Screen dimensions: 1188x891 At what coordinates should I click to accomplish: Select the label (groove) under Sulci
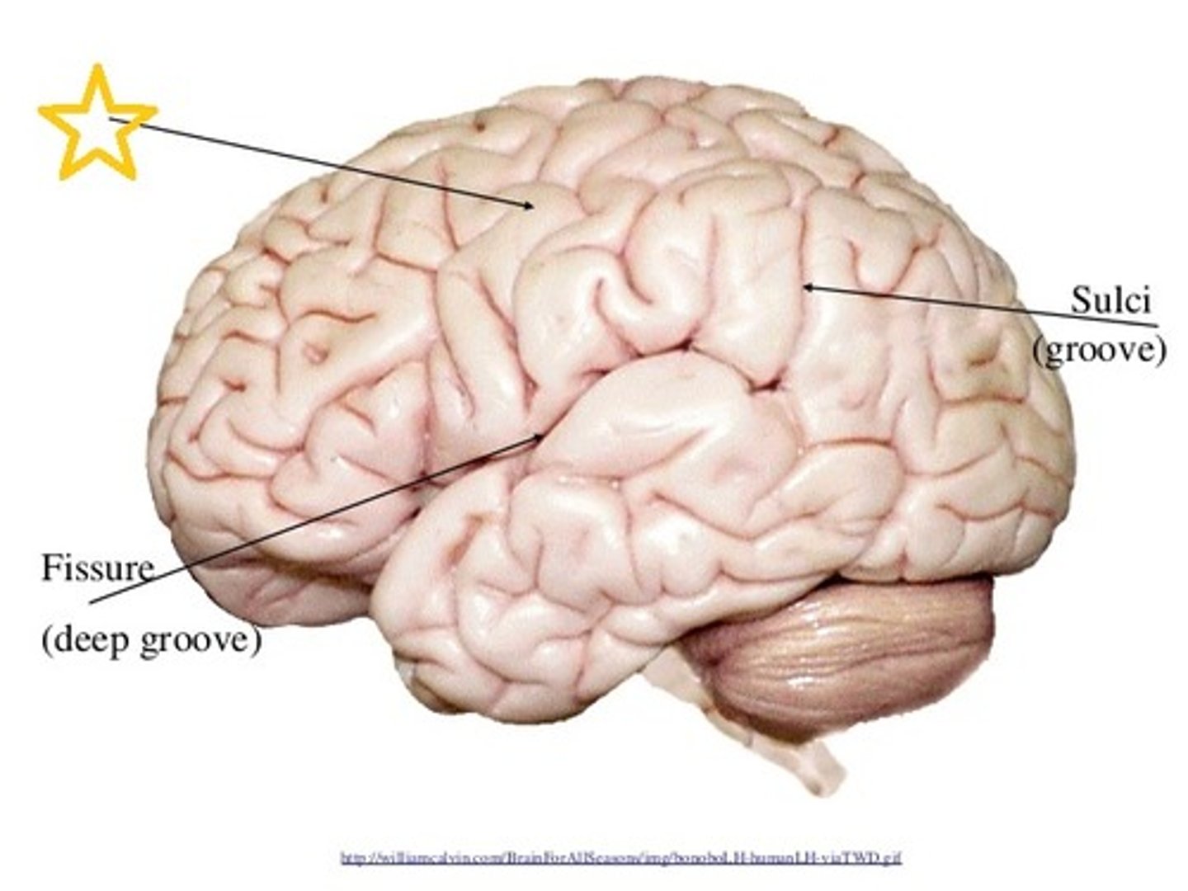point(1099,351)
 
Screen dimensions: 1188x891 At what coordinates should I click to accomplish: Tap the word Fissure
point(97,568)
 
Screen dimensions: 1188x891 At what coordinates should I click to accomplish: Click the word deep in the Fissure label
point(91,639)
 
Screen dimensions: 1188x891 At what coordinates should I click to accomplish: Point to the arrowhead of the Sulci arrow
point(807,286)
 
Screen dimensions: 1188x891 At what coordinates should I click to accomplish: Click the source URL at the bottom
point(620,859)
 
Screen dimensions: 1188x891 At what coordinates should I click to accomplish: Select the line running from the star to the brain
point(322,163)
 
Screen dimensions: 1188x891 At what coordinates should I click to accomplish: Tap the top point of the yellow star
point(97,68)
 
